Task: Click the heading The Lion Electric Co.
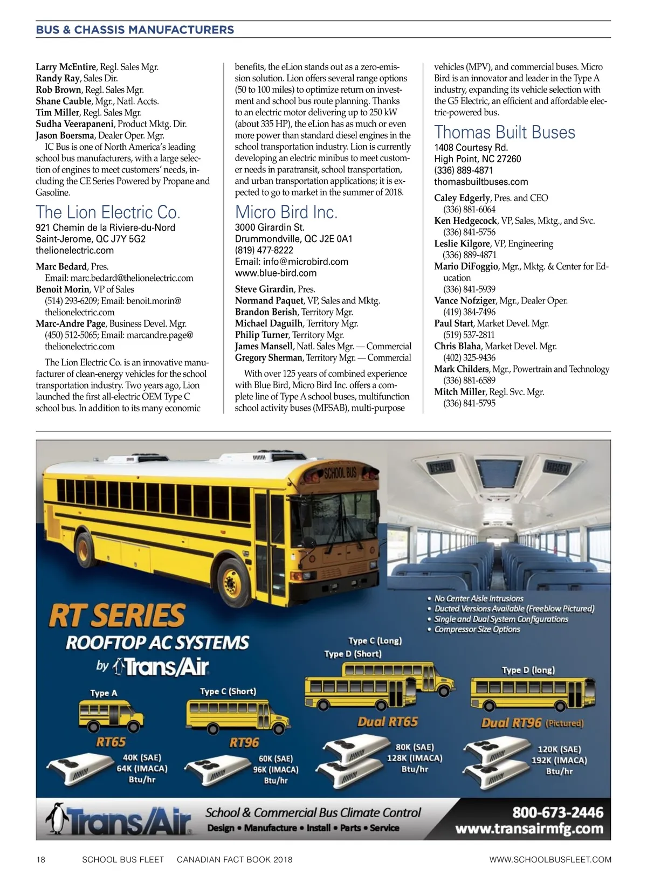(108, 212)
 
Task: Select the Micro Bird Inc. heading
(286, 212)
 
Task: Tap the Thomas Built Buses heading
(505, 132)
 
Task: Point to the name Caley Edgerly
(462, 198)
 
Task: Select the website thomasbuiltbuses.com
(481, 182)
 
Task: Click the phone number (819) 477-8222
(264, 250)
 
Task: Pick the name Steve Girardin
(264, 289)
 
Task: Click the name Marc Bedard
(61, 266)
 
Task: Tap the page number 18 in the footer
(40, 859)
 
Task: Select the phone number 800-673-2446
(557, 812)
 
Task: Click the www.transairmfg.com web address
(529, 829)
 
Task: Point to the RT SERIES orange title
(117, 616)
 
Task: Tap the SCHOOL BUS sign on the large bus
(340, 473)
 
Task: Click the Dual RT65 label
(388, 722)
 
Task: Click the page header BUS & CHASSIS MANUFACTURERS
(135, 30)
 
